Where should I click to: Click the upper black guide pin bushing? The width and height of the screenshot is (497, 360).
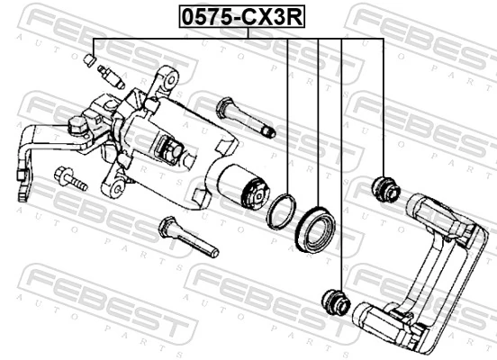(x=385, y=188)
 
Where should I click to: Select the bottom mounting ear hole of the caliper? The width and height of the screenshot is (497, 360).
(x=114, y=186)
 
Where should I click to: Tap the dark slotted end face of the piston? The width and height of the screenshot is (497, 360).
(x=255, y=192)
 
